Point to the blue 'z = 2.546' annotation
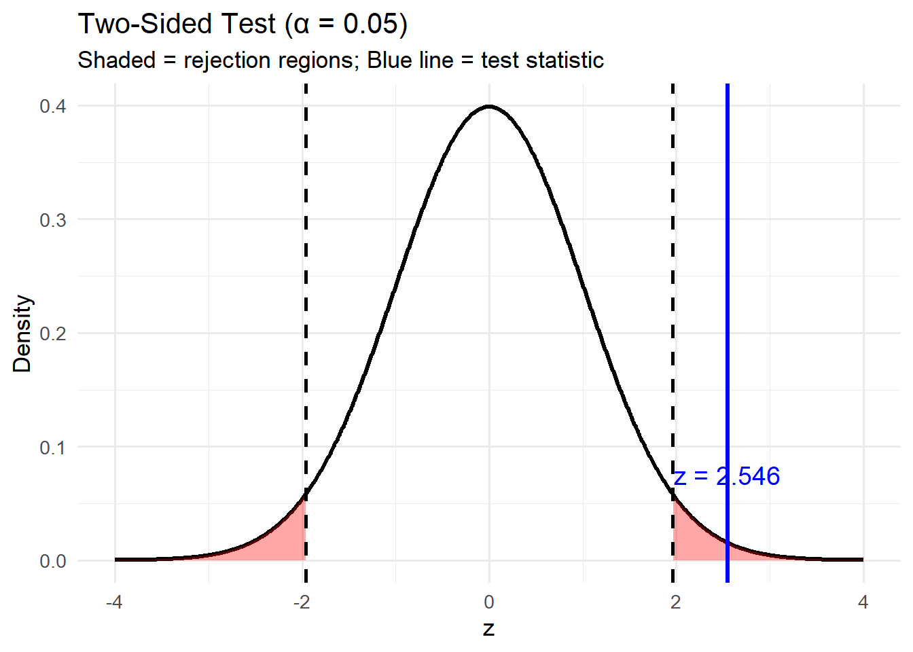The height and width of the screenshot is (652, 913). (x=727, y=477)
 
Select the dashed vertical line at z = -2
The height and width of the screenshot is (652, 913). (x=306, y=272)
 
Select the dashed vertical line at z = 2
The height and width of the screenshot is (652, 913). (x=673, y=272)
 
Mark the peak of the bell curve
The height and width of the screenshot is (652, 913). (x=489, y=107)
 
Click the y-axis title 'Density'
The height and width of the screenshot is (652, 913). (x=22, y=333)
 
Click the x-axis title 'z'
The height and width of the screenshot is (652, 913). (x=489, y=629)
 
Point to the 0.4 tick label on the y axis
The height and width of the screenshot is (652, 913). (x=53, y=106)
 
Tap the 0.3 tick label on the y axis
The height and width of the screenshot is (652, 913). (x=53, y=220)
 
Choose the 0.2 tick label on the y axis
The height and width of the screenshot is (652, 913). (x=53, y=333)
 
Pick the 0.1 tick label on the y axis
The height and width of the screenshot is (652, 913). (x=53, y=448)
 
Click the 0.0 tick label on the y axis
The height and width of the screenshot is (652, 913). (x=53, y=561)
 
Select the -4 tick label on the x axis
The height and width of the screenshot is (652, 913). (x=114, y=602)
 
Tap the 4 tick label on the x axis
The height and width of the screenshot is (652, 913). (x=863, y=602)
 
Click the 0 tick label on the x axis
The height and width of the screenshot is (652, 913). (x=489, y=602)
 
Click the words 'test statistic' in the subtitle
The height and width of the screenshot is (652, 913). (x=542, y=60)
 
